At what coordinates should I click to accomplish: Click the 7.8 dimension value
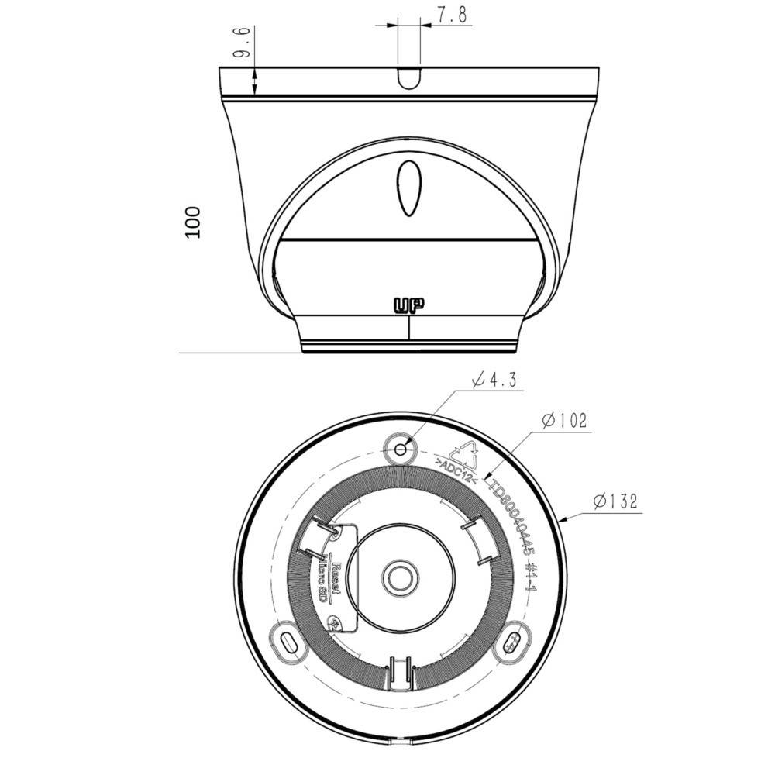click(x=452, y=15)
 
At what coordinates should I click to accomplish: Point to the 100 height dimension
click(x=194, y=222)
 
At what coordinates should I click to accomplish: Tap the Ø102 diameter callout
click(x=565, y=421)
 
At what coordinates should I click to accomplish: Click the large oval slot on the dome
click(x=409, y=188)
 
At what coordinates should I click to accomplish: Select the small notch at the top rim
click(x=409, y=77)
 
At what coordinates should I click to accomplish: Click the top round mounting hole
click(x=401, y=449)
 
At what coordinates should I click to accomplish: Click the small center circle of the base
click(x=400, y=575)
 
